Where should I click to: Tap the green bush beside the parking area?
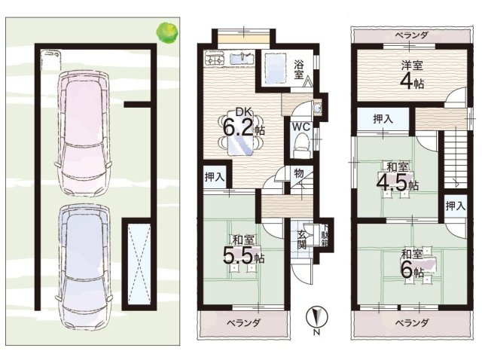[x=166, y=32]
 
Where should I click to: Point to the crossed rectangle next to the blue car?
[x=139, y=262]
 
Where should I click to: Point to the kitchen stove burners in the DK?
[x=213, y=58]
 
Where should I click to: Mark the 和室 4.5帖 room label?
[x=398, y=178]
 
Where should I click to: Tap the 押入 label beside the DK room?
[x=214, y=177]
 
